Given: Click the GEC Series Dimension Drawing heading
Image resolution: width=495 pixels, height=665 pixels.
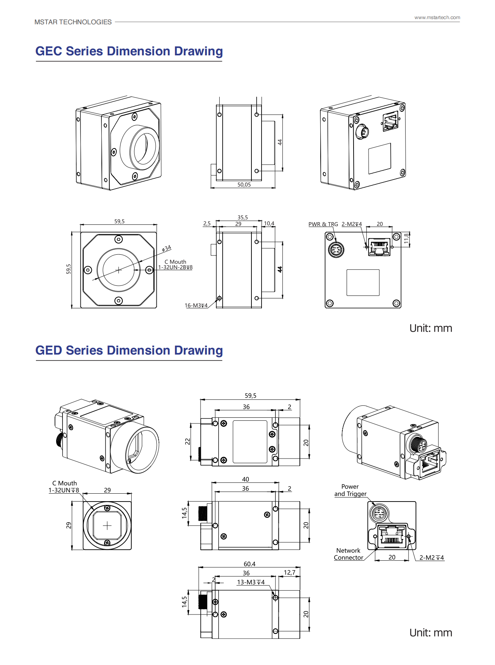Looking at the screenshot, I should pos(129,51).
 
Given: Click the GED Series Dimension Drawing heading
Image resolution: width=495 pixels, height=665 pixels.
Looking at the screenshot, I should pos(129,350).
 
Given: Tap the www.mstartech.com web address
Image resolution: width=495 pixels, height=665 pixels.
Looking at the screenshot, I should pos(437,18).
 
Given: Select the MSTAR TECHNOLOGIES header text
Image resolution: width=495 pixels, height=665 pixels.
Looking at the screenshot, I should pos(73,22).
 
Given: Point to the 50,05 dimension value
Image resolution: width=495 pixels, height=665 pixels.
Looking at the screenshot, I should pos(244,185).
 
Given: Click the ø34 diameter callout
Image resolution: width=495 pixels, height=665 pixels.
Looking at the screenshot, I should pos(166,248).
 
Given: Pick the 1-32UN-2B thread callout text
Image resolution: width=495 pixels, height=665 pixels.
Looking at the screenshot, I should pos(175,267).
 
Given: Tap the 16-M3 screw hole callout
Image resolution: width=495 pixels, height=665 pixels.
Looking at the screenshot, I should pos(196,306).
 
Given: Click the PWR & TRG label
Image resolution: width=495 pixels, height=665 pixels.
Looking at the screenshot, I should pos(323,224).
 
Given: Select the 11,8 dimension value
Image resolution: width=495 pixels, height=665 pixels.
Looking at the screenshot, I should pos(406,239).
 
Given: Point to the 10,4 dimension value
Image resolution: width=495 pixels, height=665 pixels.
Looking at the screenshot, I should pos(269,224).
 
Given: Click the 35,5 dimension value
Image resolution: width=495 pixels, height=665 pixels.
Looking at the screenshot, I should pos(242,218).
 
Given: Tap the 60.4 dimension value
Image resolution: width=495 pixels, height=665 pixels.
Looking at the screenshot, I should pos(250,564).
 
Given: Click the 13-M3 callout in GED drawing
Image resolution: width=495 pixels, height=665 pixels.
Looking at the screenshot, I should pos(251,582).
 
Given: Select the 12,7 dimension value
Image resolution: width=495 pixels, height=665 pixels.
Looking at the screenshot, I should pos(290,573).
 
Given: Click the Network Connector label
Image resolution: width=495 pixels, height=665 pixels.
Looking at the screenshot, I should pos(348,554).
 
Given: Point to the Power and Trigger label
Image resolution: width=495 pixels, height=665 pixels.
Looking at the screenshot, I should pos(350,490).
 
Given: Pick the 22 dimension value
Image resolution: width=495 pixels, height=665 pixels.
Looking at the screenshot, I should pos(187,442).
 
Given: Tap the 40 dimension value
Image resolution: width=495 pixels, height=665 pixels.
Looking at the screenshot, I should pos(245,479).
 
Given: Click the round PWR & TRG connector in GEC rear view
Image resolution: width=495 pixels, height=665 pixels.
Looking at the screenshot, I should pos(336,249).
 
